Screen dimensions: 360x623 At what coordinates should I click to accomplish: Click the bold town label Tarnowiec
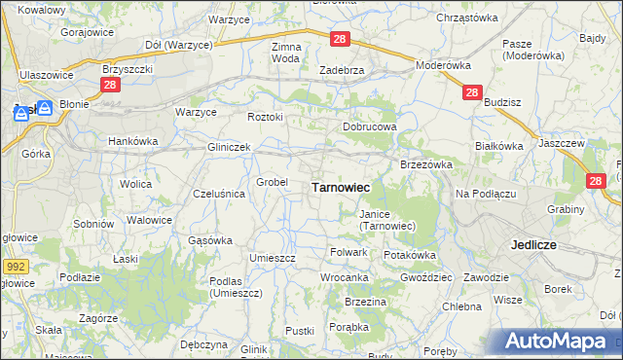(x=339, y=186)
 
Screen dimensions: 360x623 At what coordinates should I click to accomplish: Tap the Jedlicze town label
(x=532, y=245)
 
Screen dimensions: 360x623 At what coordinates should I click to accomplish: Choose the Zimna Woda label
(x=286, y=53)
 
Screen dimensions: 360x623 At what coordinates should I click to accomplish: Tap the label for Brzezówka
(x=426, y=164)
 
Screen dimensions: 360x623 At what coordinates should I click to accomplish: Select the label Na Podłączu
(x=485, y=194)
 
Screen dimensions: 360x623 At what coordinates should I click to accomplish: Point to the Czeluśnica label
(x=220, y=194)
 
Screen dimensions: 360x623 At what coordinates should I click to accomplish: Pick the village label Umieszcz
(x=272, y=258)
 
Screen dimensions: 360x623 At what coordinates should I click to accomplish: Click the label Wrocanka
(x=345, y=277)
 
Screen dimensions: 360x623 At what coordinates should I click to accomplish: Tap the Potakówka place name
(x=409, y=254)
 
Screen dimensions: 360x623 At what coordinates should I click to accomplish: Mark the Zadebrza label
(x=342, y=70)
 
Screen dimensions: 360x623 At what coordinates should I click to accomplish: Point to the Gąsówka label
(x=209, y=239)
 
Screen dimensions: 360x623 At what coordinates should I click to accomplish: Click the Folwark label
(x=348, y=252)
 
